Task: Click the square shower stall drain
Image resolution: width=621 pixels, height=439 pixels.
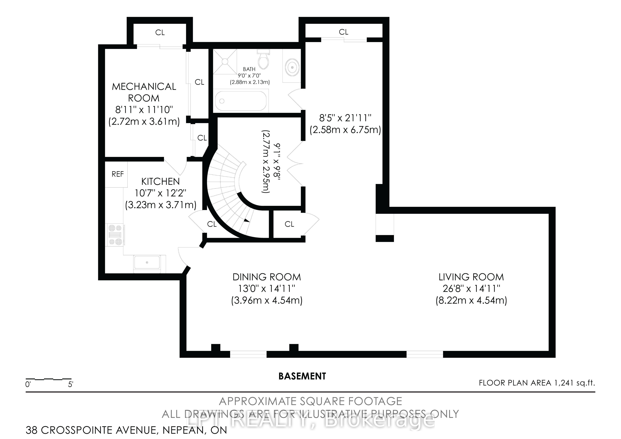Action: (x=225, y=61)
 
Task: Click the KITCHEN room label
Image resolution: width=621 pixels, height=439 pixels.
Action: (x=160, y=181)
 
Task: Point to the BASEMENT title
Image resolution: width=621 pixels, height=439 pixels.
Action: (x=302, y=376)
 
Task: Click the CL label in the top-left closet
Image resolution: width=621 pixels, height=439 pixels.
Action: (x=160, y=33)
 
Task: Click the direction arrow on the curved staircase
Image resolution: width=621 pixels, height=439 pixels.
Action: (x=246, y=220)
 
